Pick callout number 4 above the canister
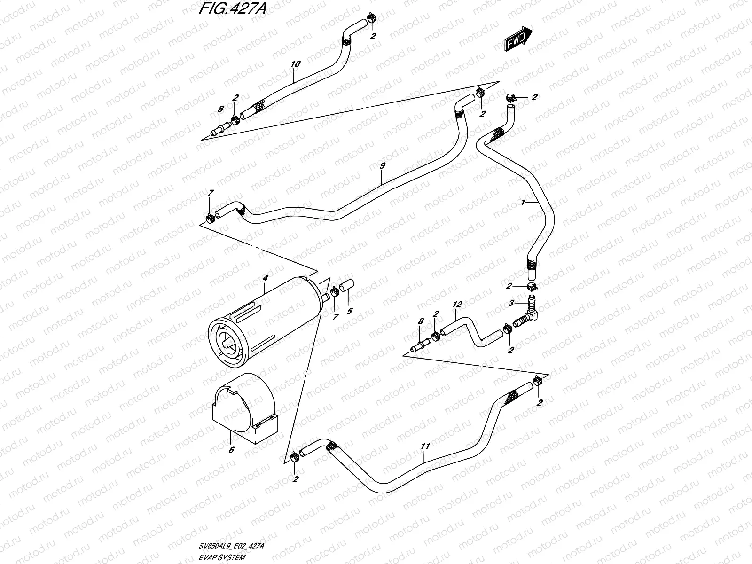tap(265, 278)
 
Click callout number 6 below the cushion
tap(231, 449)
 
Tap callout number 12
tap(457, 305)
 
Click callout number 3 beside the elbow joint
tap(512, 303)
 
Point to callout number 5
tap(349, 311)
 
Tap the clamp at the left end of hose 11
tap(295, 455)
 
